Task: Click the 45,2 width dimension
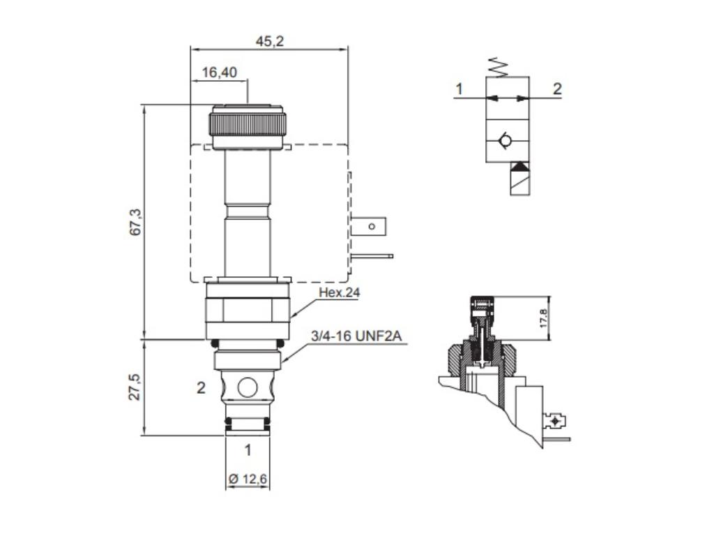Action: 269,41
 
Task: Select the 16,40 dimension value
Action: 220,72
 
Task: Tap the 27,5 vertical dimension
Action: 136,387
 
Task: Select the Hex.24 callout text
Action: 339,293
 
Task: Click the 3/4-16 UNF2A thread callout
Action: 356,336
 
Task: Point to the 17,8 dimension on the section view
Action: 543,319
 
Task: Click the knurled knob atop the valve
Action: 248,124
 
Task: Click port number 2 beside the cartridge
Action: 201,388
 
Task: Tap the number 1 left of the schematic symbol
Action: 459,89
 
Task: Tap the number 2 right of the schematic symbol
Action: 557,89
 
